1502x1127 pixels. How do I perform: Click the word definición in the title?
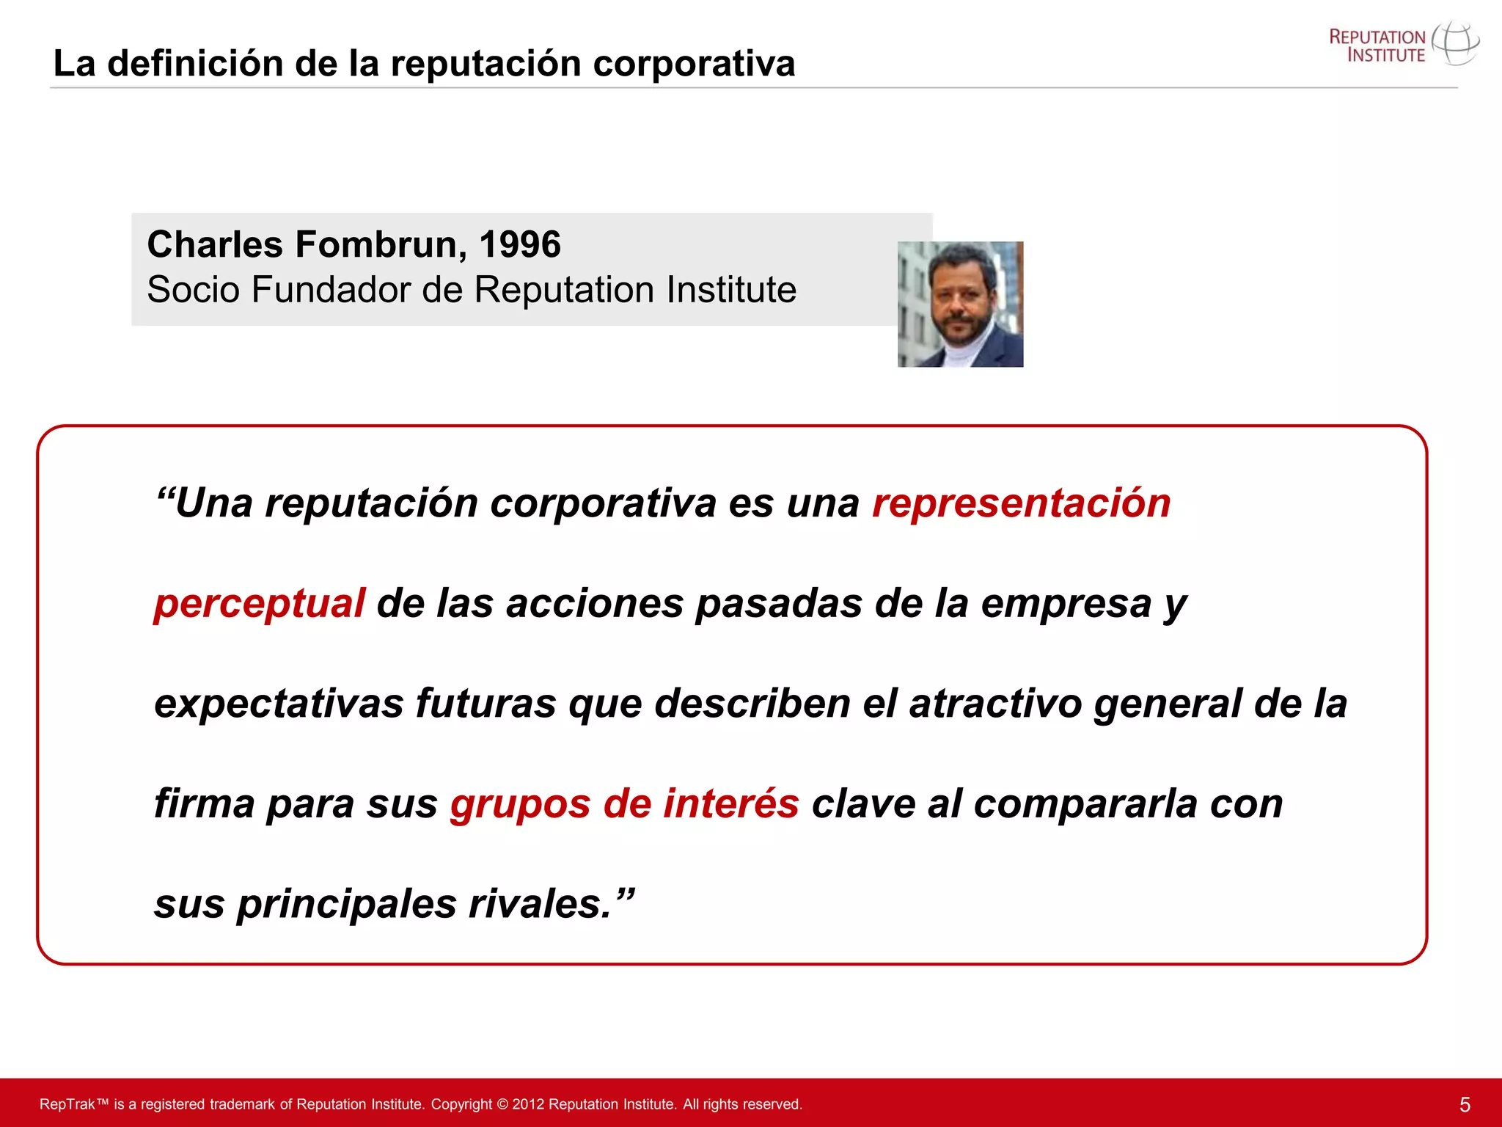195,63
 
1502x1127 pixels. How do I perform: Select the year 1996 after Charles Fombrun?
519,244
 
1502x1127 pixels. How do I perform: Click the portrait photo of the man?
960,304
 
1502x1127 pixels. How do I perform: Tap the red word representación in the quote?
1021,503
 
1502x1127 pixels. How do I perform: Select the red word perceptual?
259,603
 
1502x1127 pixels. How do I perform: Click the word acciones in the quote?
594,603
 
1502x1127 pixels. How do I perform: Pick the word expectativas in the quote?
279,703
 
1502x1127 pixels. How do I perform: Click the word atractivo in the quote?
995,703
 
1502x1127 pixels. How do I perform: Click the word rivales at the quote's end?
539,903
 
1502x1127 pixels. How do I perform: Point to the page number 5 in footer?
1465,1105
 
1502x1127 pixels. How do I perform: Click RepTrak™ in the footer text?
73,1104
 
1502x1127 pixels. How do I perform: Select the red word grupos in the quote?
520,804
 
